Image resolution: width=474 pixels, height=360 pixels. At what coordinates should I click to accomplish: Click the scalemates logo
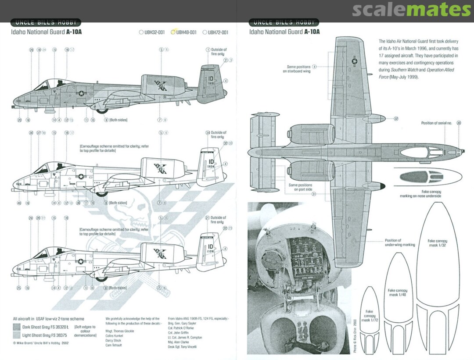click(411, 10)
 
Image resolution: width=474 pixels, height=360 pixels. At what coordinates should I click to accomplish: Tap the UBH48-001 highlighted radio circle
click(173, 32)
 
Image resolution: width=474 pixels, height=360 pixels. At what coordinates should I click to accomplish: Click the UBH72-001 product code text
click(218, 32)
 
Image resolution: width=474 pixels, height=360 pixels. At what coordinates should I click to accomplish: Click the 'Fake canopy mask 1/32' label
click(437, 243)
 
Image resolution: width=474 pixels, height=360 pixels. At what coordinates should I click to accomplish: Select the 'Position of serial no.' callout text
click(436, 123)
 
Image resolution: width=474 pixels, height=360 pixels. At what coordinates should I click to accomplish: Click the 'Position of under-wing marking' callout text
click(399, 242)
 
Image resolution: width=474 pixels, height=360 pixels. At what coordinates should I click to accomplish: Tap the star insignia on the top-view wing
click(354, 62)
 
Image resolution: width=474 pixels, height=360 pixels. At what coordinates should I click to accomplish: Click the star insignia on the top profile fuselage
click(81, 93)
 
